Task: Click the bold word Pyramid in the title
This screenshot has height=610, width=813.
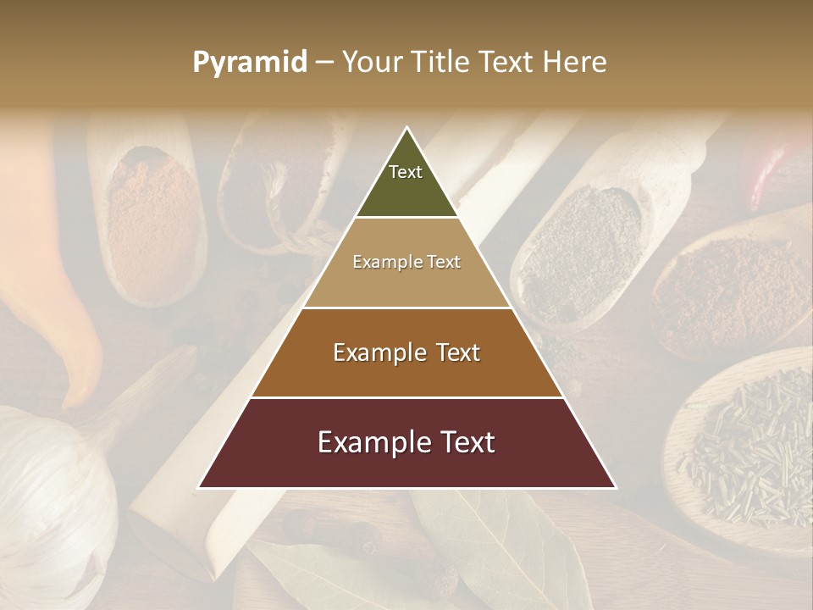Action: pos(249,63)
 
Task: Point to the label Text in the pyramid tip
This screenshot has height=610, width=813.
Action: pos(406,172)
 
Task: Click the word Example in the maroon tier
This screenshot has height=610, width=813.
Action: pos(365,442)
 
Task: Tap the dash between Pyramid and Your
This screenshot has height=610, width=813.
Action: pos(324,63)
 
